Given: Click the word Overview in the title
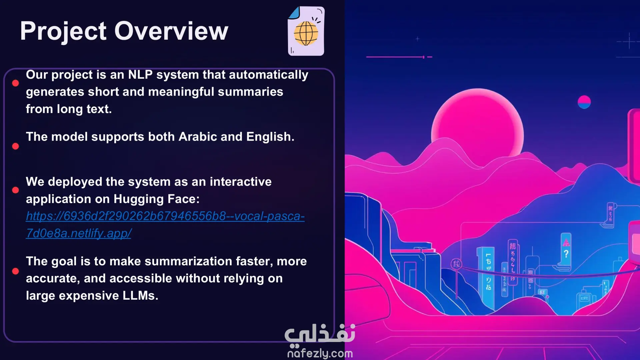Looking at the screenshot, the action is (x=171, y=31).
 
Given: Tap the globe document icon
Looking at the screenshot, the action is (x=306, y=31).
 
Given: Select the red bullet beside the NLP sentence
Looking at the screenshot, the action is (x=15, y=83).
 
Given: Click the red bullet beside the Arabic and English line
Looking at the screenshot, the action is (x=15, y=146).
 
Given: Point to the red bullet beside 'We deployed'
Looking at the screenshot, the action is (x=15, y=190).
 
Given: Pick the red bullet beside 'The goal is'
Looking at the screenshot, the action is (x=15, y=271).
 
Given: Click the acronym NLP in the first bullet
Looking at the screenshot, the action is (x=140, y=75).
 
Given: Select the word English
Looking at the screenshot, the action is (x=270, y=137).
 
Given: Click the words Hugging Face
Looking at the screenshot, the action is (x=156, y=199).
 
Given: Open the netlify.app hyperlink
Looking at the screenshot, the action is (x=165, y=225).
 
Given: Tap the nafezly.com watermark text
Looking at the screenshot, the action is (x=320, y=353).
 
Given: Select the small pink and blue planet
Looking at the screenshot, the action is (x=584, y=102).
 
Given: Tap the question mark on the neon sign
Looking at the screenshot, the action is (x=566, y=254).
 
